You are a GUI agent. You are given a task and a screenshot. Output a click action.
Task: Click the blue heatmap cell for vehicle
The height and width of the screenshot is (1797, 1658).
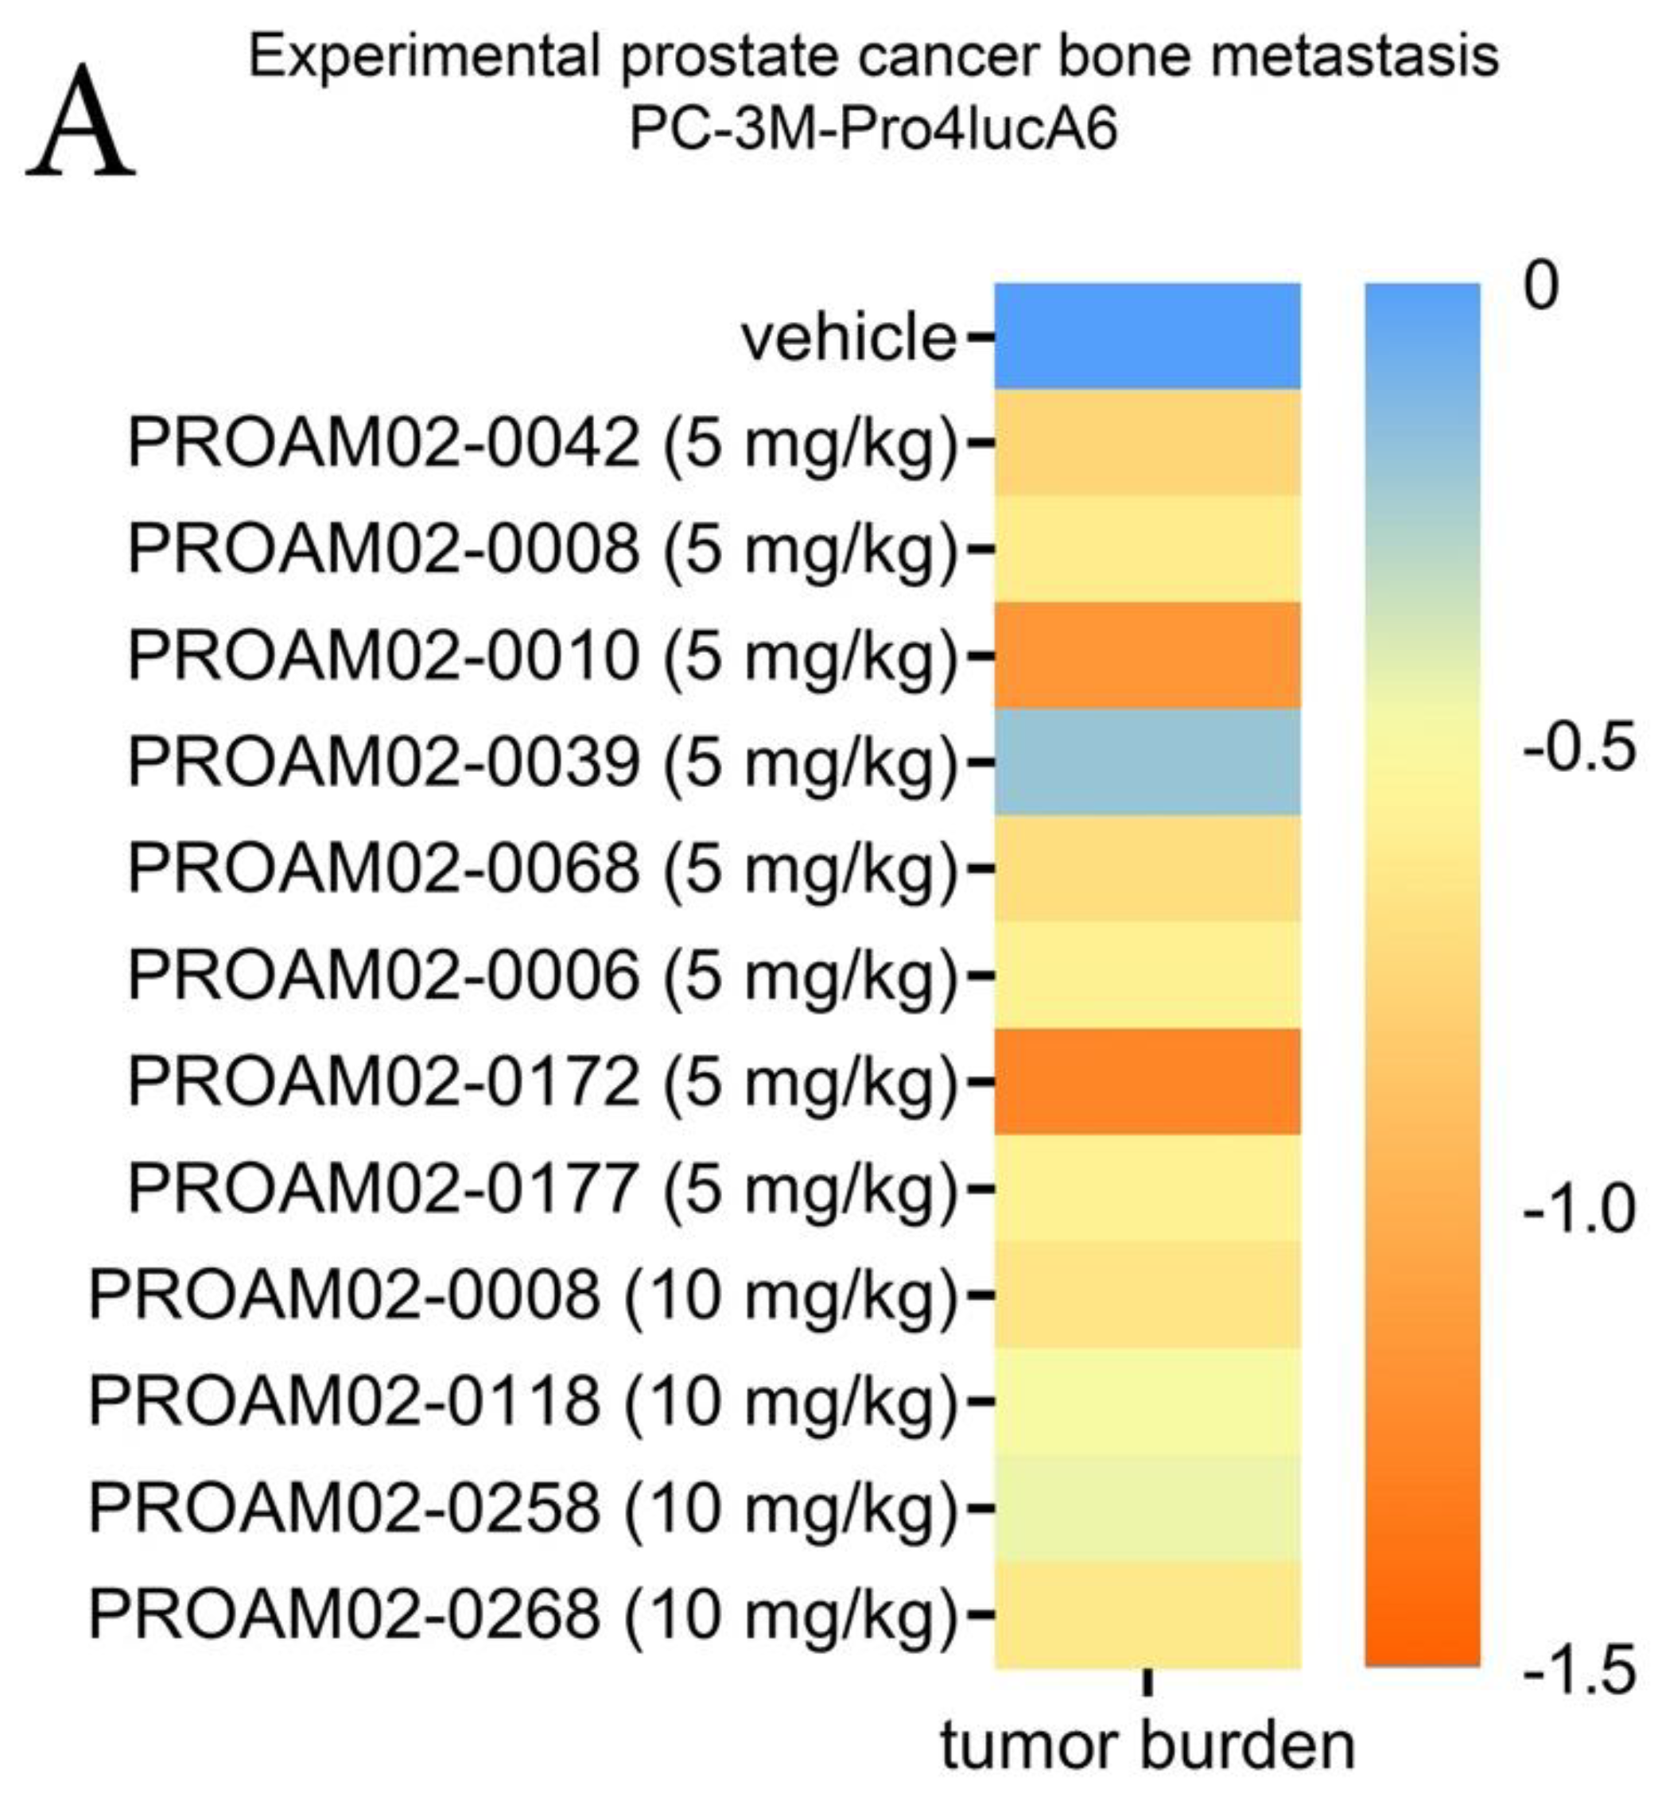(x=1147, y=336)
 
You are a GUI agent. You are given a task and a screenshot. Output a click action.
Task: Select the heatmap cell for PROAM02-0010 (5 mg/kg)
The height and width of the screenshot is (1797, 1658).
(x=1147, y=656)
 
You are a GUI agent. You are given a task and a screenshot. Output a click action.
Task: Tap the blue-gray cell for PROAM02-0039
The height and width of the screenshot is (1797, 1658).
(x=1147, y=762)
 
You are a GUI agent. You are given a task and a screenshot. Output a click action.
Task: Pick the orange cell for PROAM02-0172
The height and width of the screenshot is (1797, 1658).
(x=1147, y=1081)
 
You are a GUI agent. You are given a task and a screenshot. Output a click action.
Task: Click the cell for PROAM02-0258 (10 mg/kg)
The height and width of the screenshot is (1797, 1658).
(x=1147, y=1508)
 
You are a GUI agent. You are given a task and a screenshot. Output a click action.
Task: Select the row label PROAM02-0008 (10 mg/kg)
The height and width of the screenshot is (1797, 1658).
(x=522, y=1295)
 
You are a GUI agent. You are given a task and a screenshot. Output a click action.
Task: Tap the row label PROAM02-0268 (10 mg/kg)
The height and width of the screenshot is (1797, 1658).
(x=522, y=1614)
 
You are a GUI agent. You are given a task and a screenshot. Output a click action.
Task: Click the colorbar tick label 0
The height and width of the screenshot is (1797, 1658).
(x=1541, y=287)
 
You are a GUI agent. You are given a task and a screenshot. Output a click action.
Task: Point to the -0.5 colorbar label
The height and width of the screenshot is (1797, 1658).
(x=1577, y=748)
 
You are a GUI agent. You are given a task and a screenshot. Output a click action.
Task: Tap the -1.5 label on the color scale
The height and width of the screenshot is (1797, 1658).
(x=1577, y=1671)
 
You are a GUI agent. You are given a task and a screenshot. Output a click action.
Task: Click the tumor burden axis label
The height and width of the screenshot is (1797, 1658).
(x=1147, y=1746)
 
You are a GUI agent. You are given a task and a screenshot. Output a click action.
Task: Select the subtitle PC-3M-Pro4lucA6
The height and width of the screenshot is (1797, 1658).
(x=873, y=128)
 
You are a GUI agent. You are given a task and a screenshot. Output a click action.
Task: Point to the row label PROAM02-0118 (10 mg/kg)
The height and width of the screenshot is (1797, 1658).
(x=522, y=1401)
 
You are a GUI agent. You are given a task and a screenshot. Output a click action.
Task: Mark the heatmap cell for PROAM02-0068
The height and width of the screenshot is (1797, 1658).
(x=1147, y=868)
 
